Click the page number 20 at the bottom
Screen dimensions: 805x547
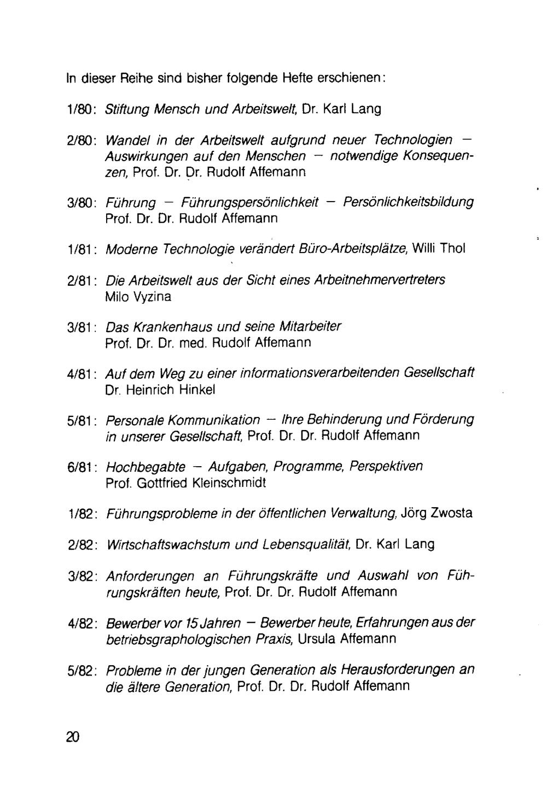coord(73,737)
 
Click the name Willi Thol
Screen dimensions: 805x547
coord(439,249)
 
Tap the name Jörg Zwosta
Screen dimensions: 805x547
coord(437,513)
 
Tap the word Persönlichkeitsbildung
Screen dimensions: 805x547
coord(408,202)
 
